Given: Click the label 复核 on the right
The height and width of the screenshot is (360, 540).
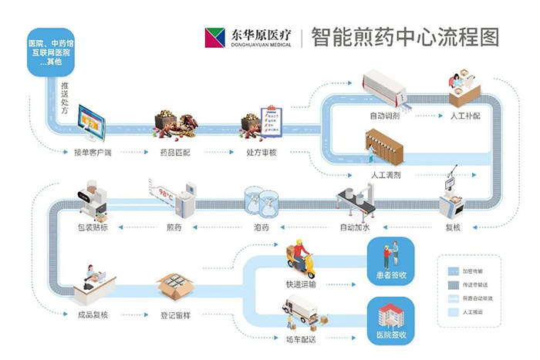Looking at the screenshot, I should (452, 227).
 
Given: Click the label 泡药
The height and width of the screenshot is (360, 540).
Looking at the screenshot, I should (261, 227).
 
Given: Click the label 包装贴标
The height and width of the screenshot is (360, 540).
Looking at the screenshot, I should (96, 227).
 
